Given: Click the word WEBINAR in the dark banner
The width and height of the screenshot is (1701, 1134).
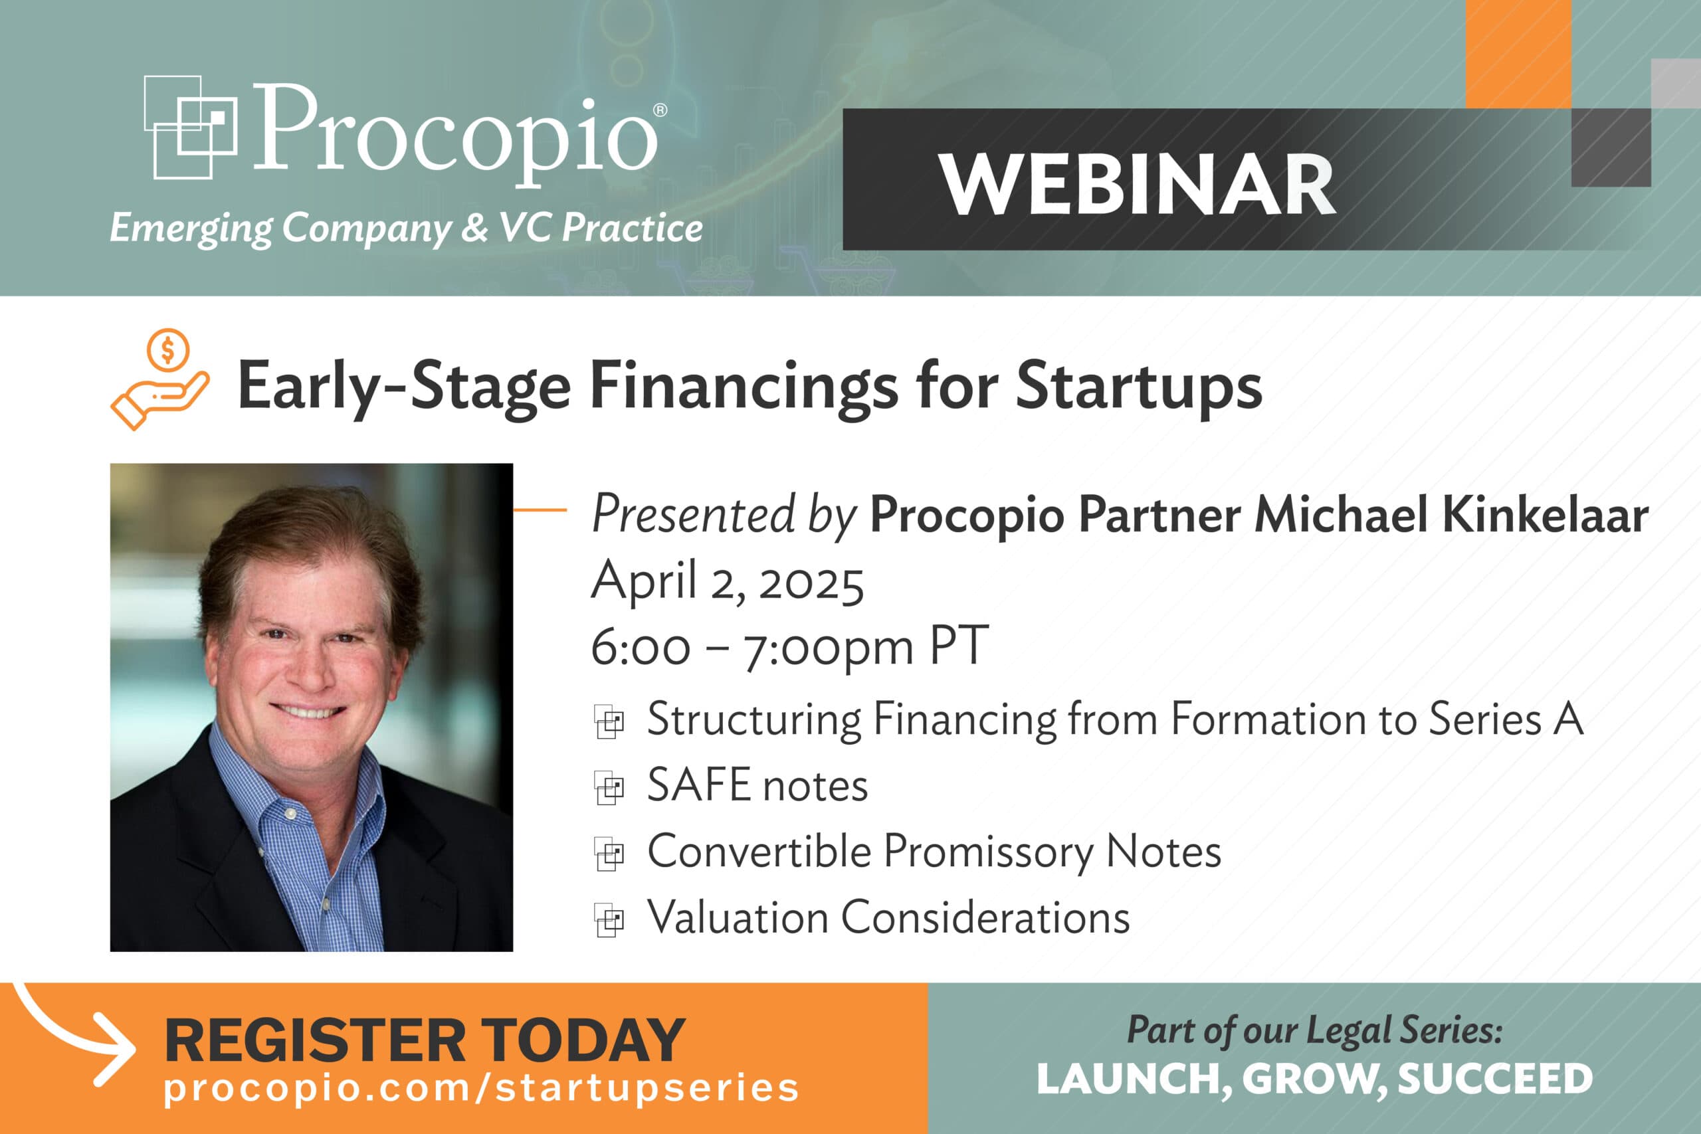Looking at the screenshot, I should click(1137, 185).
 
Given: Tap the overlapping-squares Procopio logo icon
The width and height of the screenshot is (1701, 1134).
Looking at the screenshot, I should click(190, 128).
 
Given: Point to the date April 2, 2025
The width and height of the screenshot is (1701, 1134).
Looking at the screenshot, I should click(727, 581).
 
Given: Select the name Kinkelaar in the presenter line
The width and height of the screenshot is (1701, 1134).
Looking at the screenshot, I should click(1545, 515).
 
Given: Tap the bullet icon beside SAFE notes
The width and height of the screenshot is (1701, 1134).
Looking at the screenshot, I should click(609, 787).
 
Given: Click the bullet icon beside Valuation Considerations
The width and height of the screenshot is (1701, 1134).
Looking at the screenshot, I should click(609, 920).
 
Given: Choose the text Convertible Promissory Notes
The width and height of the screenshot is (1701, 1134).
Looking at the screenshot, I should click(934, 851).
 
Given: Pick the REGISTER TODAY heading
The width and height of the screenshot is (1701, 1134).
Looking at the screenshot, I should click(425, 1040).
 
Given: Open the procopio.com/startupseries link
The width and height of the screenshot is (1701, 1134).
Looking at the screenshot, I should click(481, 1087).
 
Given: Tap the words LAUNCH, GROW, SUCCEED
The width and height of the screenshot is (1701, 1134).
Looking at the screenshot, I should click(1314, 1079).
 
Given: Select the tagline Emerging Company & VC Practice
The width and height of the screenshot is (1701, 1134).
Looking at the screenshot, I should click(406, 228).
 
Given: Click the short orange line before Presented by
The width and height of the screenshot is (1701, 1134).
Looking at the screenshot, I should click(540, 510).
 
